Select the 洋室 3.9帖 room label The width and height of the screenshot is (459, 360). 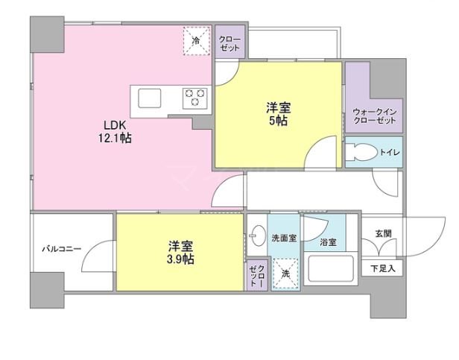tap(180, 252)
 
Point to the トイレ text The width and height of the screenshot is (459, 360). tap(389, 153)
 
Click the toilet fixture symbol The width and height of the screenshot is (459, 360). tap(361, 152)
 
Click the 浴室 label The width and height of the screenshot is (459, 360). tap(328, 242)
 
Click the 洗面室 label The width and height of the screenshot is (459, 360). tap(283, 239)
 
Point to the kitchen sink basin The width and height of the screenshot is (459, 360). tap(149, 98)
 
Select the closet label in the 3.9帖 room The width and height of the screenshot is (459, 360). tap(256, 276)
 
